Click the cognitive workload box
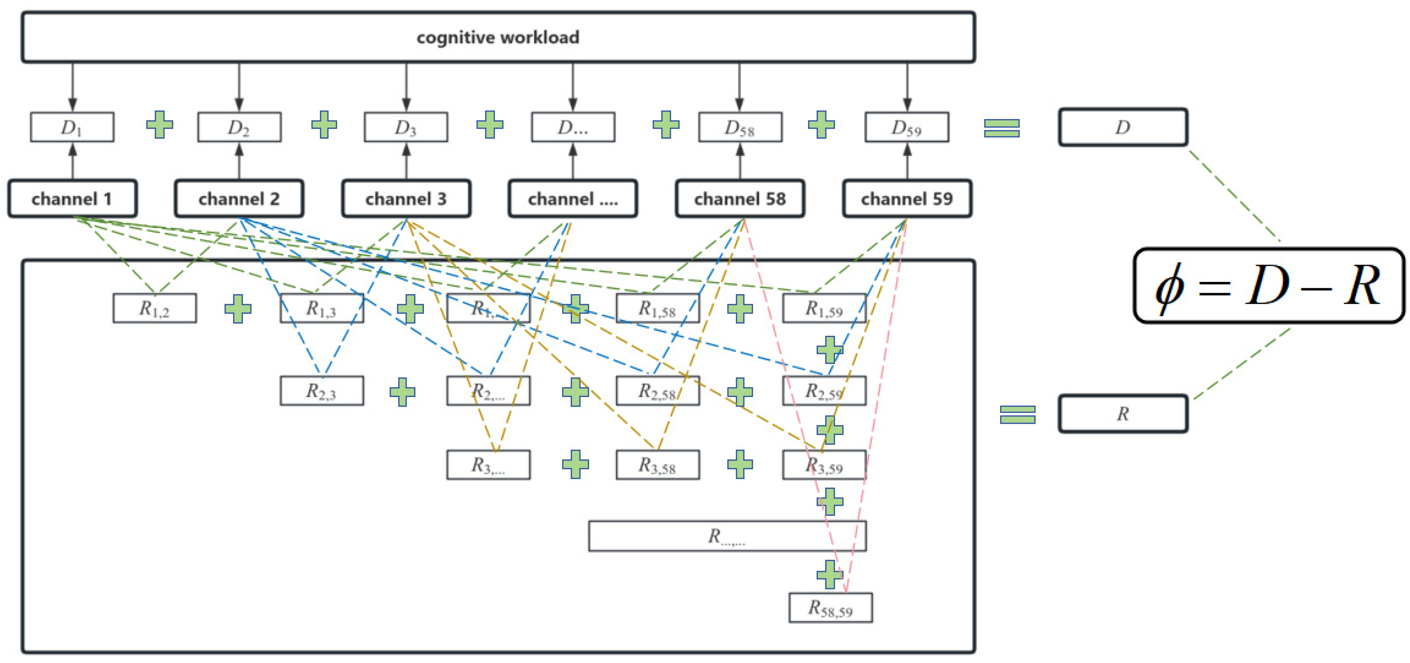point(498,37)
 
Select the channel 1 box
point(72,198)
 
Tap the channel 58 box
point(740,198)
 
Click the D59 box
point(906,127)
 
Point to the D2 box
point(239,127)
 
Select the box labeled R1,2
point(154,308)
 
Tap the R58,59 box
point(830,607)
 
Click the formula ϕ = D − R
point(1269,286)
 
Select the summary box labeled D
point(1123,127)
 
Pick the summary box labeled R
point(1123,413)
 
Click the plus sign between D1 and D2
point(160,125)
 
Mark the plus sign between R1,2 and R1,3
point(238,309)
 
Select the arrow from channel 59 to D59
point(907,161)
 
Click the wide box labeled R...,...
point(727,536)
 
